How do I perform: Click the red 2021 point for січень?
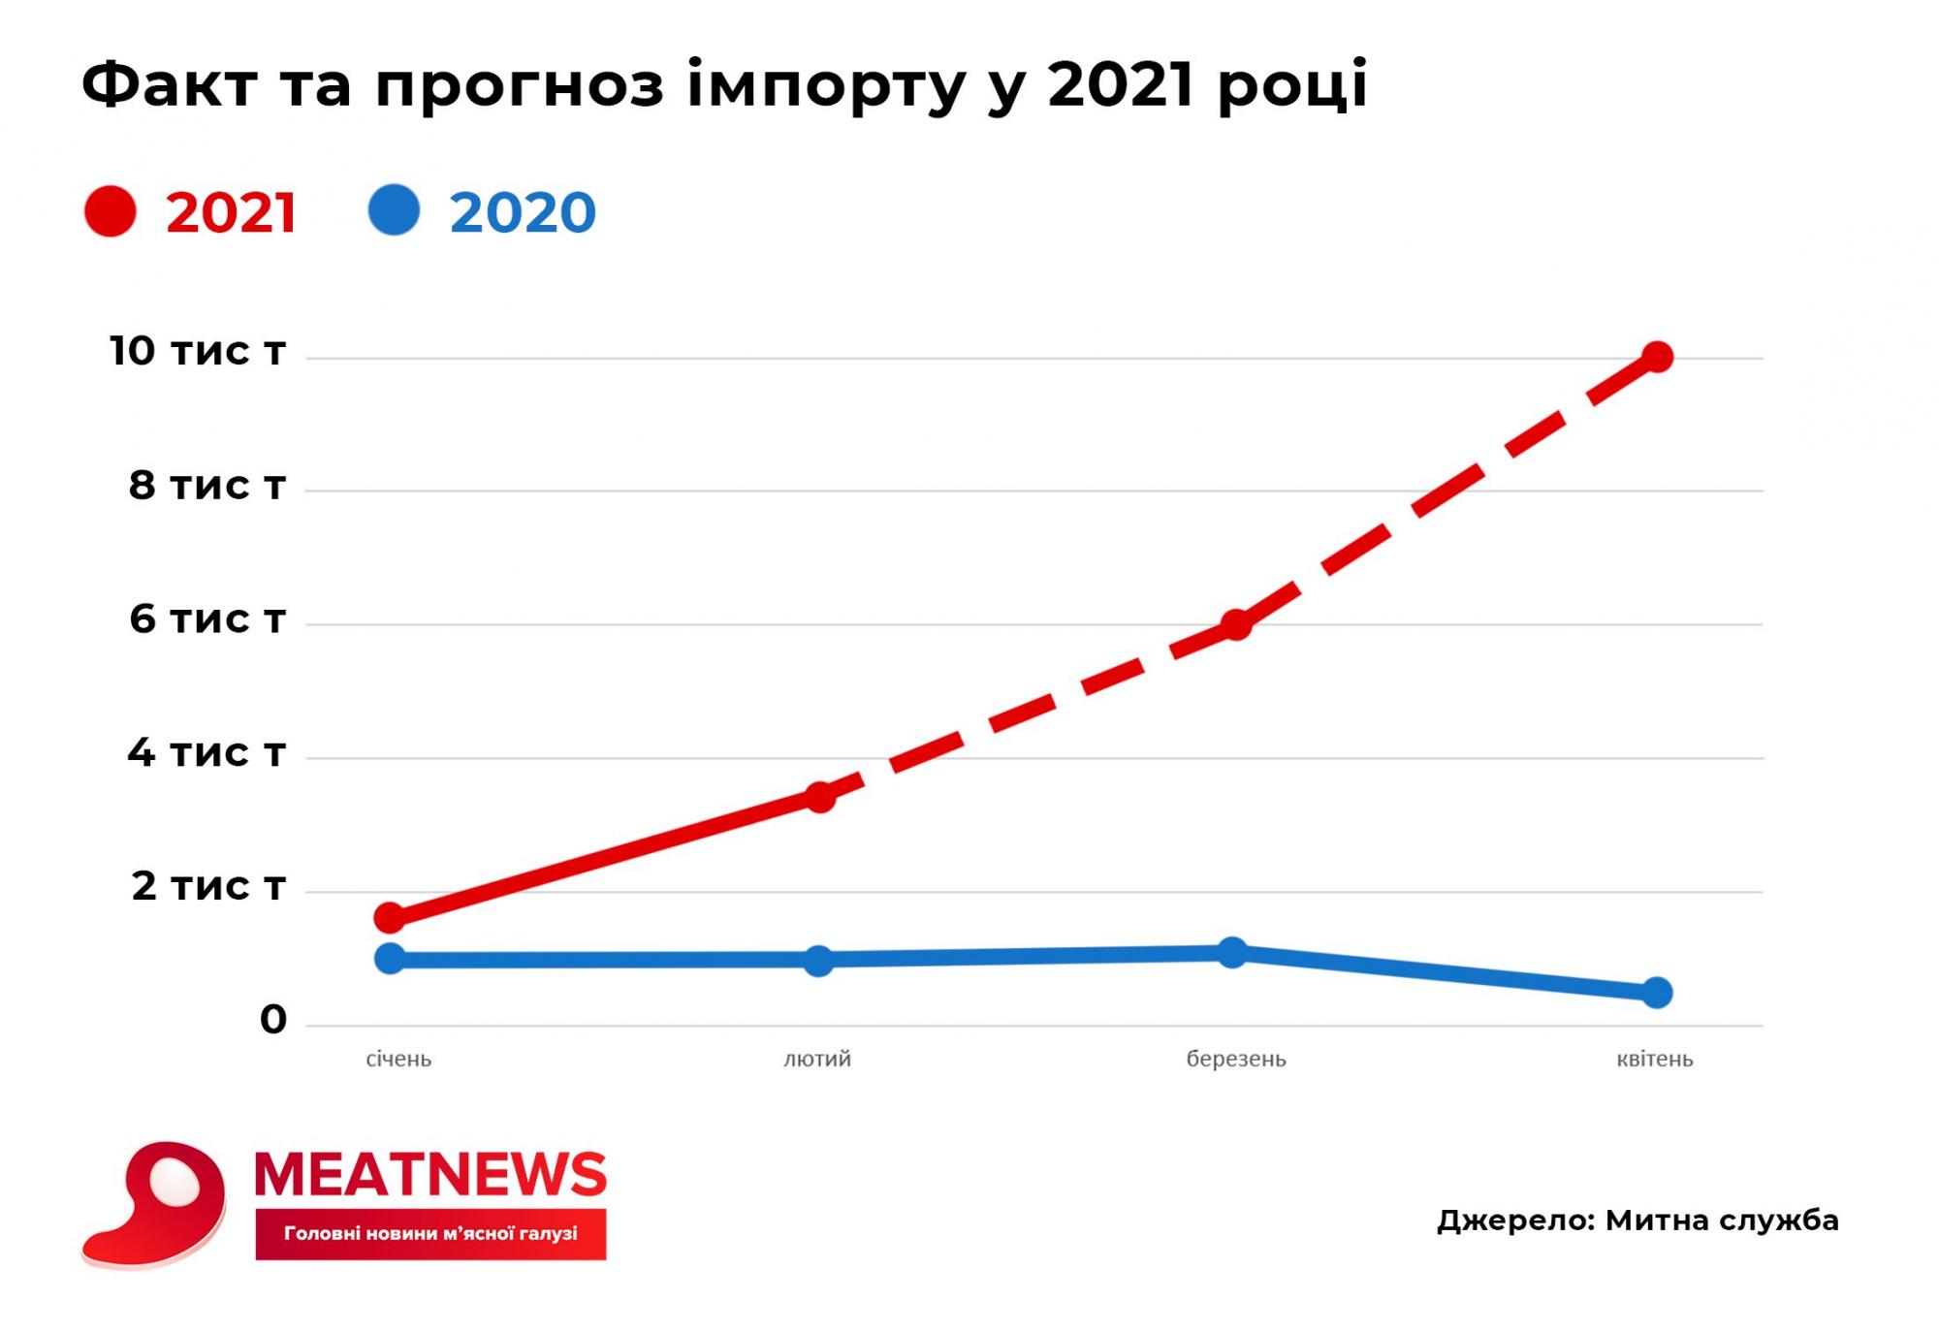(x=390, y=916)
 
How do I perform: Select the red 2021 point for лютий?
(x=820, y=797)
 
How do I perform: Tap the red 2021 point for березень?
(x=1235, y=624)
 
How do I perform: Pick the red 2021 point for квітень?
(x=1657, y=357)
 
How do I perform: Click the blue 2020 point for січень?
(x=390, y=959)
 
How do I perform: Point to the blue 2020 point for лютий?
(x=819, y=961)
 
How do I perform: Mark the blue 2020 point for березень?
(x=1232, y=952)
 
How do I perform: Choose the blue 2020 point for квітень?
(x=1657, y=993)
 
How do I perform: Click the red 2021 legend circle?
(x=111, y=210)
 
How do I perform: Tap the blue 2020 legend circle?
(x=394, y=210)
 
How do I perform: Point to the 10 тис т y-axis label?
(x=198, y=351)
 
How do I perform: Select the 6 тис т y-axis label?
(x=207, y=618)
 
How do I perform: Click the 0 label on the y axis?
(x=273, y=1020)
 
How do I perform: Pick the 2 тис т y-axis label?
(x=208, y=885)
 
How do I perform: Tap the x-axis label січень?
(x=398, y=1060)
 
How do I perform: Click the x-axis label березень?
(x=1236, y=1060)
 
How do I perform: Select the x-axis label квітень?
(x=1655, y=1060)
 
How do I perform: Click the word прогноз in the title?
(x=520, y=85)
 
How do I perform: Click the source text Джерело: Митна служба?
(x=1637, y=1221)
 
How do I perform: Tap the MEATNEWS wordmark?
(x=430, y=1175)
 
